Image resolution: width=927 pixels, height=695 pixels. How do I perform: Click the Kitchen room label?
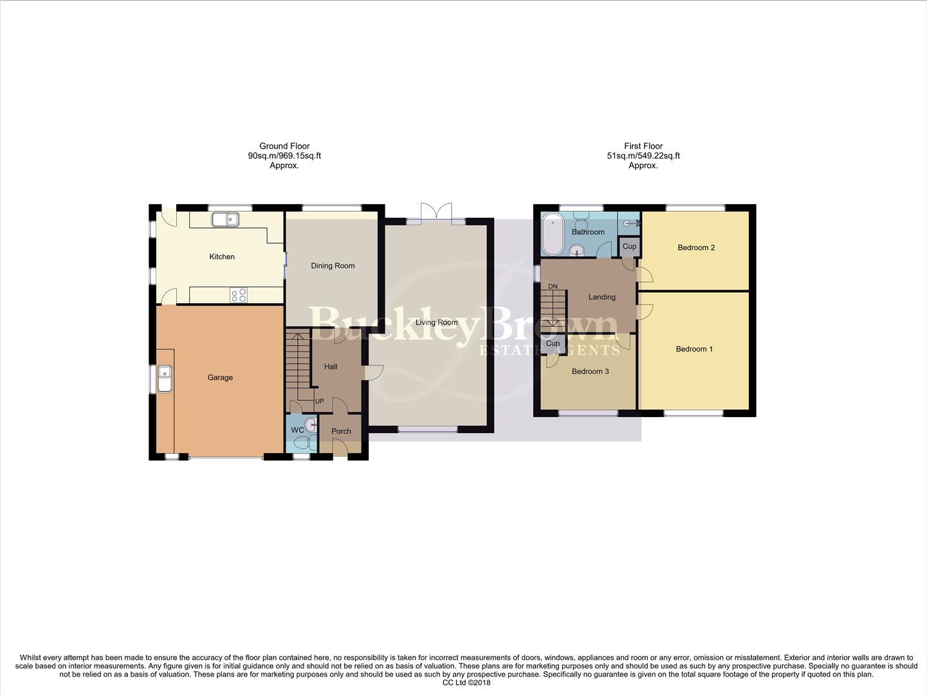[x=222, y=257]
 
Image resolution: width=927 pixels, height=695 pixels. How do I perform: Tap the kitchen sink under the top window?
[x=225, y=219]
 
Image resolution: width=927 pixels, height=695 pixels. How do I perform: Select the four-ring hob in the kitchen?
[x=239, y=295]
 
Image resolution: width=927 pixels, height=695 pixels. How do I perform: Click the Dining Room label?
[x=333, y=266]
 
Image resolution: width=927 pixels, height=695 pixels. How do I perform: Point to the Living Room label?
[x=436, y=322]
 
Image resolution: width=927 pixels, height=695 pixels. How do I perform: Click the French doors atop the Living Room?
[x=436, y=213]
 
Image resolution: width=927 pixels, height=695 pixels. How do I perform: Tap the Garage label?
[x=220, y=378]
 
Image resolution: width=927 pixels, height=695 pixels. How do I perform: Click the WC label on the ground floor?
[x=297, y=431]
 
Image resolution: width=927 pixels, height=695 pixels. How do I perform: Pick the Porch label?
[x=341, y=431]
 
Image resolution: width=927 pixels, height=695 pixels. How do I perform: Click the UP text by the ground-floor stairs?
[x=319, y=402]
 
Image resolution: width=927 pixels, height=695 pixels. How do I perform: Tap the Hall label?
[x=331, y=367]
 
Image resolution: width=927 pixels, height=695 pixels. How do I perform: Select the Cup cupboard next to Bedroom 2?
[x=629, y=246]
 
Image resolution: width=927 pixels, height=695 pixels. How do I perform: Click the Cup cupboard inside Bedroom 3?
[x=553, y=344]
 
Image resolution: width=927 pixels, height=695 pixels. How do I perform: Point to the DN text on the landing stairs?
[x=553, y=286]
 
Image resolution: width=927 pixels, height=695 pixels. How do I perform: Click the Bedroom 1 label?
[x=694, y=349]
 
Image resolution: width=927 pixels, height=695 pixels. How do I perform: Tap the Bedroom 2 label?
[x=696, y=248]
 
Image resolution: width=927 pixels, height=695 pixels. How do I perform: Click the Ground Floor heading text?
[x=284, y=146]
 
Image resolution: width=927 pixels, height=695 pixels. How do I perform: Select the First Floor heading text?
[x=643, y=146]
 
